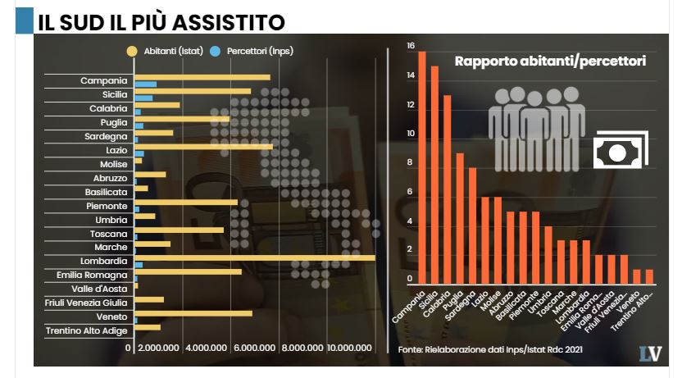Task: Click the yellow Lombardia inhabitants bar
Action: coord(254,257)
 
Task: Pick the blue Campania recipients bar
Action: coord(145,84)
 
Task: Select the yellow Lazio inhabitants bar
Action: coord(202,147)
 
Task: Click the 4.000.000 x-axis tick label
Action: coord(211,348)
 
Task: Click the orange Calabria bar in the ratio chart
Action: coord(448,188)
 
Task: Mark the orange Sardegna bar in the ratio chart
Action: coord(472,224)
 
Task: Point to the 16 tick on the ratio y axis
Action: coord(411,46)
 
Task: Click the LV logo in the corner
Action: coord(650,353)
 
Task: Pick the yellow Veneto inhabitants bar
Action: coord(193,313)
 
